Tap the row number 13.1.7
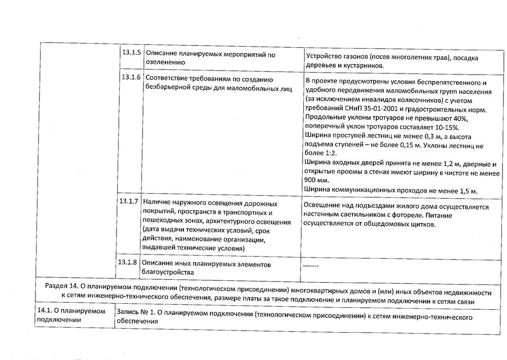pyautogui.click(x=129, y=202)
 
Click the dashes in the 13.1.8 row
pyautogui.click(x=310, y=266)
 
